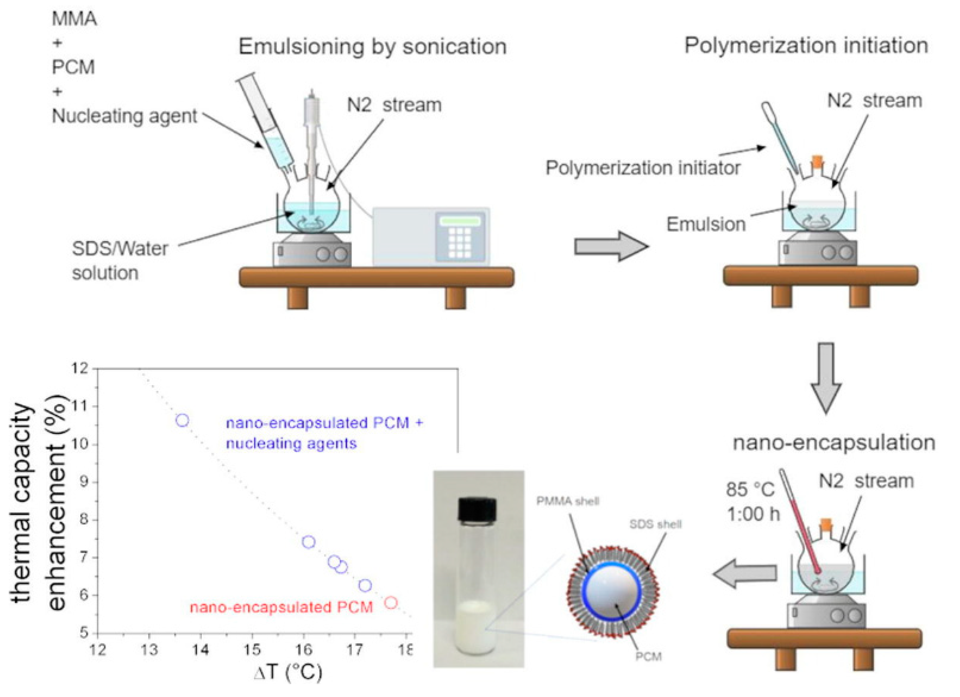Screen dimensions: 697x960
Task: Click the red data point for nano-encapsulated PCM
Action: (x=391, y=602)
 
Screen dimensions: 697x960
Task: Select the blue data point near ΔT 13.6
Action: (x=182, y=420)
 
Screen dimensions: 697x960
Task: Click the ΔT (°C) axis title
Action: (x=288, y=672)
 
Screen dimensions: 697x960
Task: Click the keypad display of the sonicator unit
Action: (x=460, y=221)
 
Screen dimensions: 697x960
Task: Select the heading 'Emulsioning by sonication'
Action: (x=372, y=47)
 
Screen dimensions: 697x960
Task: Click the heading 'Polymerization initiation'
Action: (x=806, y=46)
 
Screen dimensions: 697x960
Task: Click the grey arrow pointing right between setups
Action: (x=611, y=246)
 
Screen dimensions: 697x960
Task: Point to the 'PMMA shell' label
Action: (x=568, y=501)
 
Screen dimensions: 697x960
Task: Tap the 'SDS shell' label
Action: (x=655, y=525)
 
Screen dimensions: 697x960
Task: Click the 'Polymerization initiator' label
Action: (x=642, y=168)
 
